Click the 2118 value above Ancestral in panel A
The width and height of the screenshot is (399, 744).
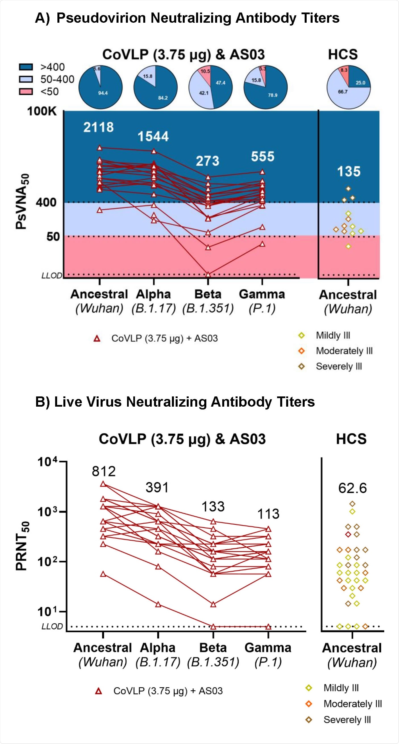point(99,128)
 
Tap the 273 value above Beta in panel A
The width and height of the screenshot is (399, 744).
point(207,161)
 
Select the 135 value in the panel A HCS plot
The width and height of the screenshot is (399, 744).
point(349,171)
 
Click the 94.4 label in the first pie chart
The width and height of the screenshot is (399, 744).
point(103,93)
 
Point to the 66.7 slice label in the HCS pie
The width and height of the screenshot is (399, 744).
point(343,92)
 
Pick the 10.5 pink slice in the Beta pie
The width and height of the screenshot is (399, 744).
point(205,71)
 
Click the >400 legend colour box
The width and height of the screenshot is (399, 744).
point(26,67)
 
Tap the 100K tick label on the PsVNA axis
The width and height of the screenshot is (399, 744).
point(42,112)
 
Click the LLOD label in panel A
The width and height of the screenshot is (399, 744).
point(52,275)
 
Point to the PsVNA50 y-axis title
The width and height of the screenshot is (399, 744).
point(22,202)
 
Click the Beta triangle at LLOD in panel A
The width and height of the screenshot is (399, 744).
point(208,274)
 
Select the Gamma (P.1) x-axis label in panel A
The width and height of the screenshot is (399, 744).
point(262,301)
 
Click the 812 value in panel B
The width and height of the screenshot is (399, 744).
point(103,472)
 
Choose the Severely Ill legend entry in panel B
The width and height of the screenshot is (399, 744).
point(347,720)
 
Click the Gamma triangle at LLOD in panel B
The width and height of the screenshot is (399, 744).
point(268,626)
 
